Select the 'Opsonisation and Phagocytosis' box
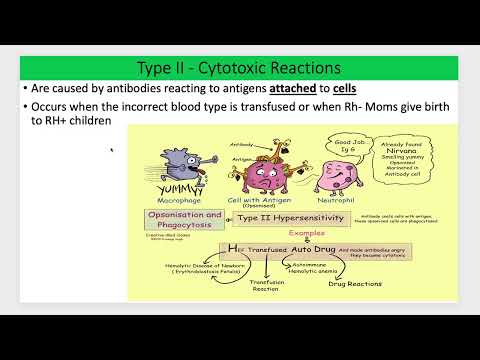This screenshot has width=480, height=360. click(184, 221)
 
